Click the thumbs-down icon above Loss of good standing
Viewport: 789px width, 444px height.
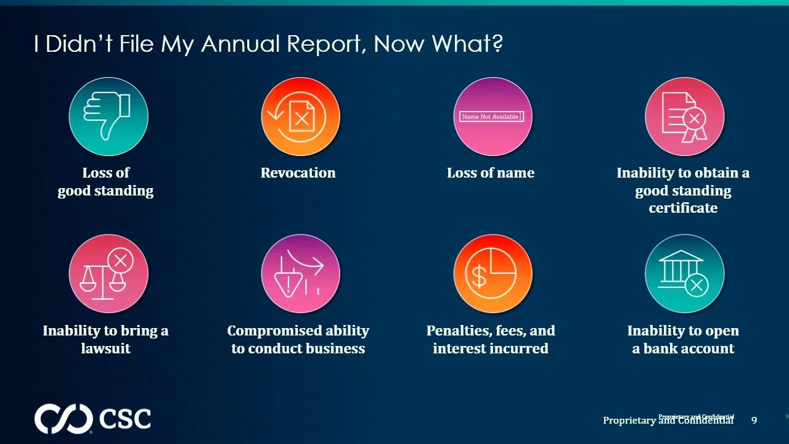[x=108, y=117]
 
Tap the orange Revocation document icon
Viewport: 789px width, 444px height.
[x=300, y=117]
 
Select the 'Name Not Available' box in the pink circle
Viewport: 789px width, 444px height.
[x=491, y=117]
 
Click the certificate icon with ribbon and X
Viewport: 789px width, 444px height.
[x=684, y=117]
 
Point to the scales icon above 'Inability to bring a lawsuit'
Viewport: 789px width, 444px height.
[x=108, y=274]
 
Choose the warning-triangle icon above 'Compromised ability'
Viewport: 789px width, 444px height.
[x=300, y=274]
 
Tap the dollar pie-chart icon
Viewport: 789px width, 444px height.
[x=492, y=274]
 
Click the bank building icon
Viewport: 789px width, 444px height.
[x=684, y=274]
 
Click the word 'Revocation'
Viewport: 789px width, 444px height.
[x=298, y=173]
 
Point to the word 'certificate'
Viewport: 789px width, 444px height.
[x=683, y=208]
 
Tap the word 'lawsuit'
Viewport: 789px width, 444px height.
[x=106, y=348]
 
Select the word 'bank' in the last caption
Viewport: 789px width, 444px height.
[x=662, y=348]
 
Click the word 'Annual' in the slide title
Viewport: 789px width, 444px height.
[x=240, y=44]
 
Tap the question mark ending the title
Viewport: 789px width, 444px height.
[x=497, y=44]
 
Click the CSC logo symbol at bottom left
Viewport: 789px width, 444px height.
[x=63, y=419]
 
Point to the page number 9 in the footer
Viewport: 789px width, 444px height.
[x=754, y=420]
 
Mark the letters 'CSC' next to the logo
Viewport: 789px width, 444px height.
[x=125, y=419]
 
